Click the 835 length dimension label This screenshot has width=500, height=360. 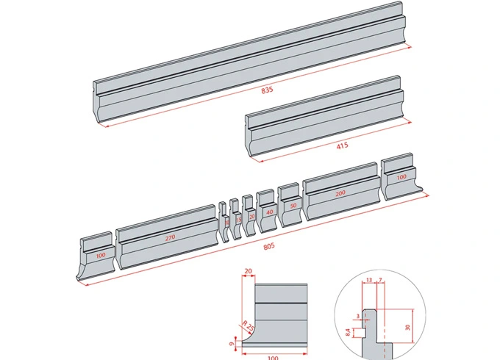pos(267,90)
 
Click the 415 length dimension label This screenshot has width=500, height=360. pos(342,145)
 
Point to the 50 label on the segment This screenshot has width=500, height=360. pos(293,206)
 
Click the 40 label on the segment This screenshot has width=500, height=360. pos(269,212)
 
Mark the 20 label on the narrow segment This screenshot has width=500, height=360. pos(252,217)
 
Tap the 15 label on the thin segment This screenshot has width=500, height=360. pos(238,219)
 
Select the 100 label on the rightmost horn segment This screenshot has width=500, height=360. pos(401,177)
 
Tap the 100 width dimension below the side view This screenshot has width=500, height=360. pos(272,357)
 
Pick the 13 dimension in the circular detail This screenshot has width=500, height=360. pos(368,279)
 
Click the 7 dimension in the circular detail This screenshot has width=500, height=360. pos(379,279)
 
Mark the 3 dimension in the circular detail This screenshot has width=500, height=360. pos(359,317)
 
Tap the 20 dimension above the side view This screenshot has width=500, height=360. pos(248,271)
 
